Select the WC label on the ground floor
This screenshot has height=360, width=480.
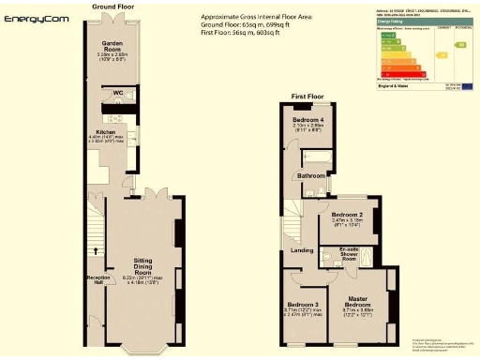117,92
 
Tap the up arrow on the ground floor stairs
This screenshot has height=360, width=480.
96,250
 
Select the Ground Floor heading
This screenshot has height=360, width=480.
111,7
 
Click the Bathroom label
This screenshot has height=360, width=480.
311,176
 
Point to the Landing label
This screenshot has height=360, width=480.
302,250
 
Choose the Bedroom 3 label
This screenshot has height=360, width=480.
305,307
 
